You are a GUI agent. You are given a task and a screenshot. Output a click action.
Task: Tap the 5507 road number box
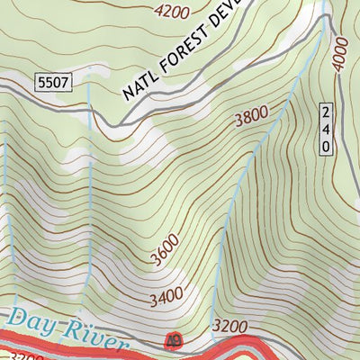pos(54,83)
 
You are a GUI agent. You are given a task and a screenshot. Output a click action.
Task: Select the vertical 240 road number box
pos(325,129)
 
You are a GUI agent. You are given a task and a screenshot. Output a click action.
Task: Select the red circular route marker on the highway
pos(172,340)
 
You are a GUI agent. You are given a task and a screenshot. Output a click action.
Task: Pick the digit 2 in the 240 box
pos(325,112)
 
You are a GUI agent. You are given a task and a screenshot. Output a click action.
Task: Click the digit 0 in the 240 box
pos(325,146)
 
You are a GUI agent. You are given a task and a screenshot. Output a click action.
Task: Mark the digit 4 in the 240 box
pos(325,129)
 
